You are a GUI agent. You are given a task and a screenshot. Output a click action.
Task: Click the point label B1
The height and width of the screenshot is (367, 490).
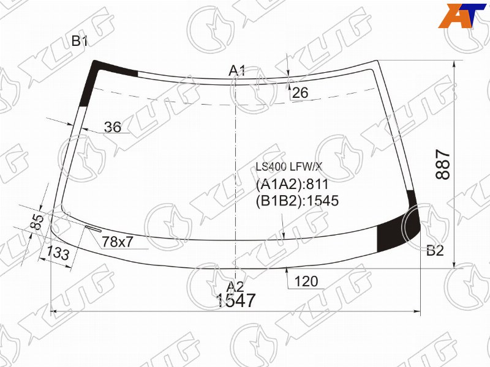(80, 41)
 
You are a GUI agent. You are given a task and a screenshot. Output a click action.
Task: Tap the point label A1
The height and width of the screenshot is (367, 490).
(237, 71)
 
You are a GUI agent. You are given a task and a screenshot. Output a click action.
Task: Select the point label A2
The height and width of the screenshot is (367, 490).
(235, 286)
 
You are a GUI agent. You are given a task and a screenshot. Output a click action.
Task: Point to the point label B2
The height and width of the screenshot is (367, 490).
(435, 250)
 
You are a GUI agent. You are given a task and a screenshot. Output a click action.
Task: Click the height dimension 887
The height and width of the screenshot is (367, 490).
(443, 164)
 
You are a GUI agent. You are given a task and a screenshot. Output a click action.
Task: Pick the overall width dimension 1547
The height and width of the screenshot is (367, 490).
(236, 300)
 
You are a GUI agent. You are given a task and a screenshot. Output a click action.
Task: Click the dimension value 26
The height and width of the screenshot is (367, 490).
(300, 93)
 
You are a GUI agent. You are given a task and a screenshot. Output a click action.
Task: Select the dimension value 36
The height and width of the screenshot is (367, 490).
(113, 127)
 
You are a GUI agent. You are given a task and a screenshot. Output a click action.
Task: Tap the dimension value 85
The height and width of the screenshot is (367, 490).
(37, 222)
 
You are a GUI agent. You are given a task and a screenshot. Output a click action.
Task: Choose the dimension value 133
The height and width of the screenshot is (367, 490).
(58, 252)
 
